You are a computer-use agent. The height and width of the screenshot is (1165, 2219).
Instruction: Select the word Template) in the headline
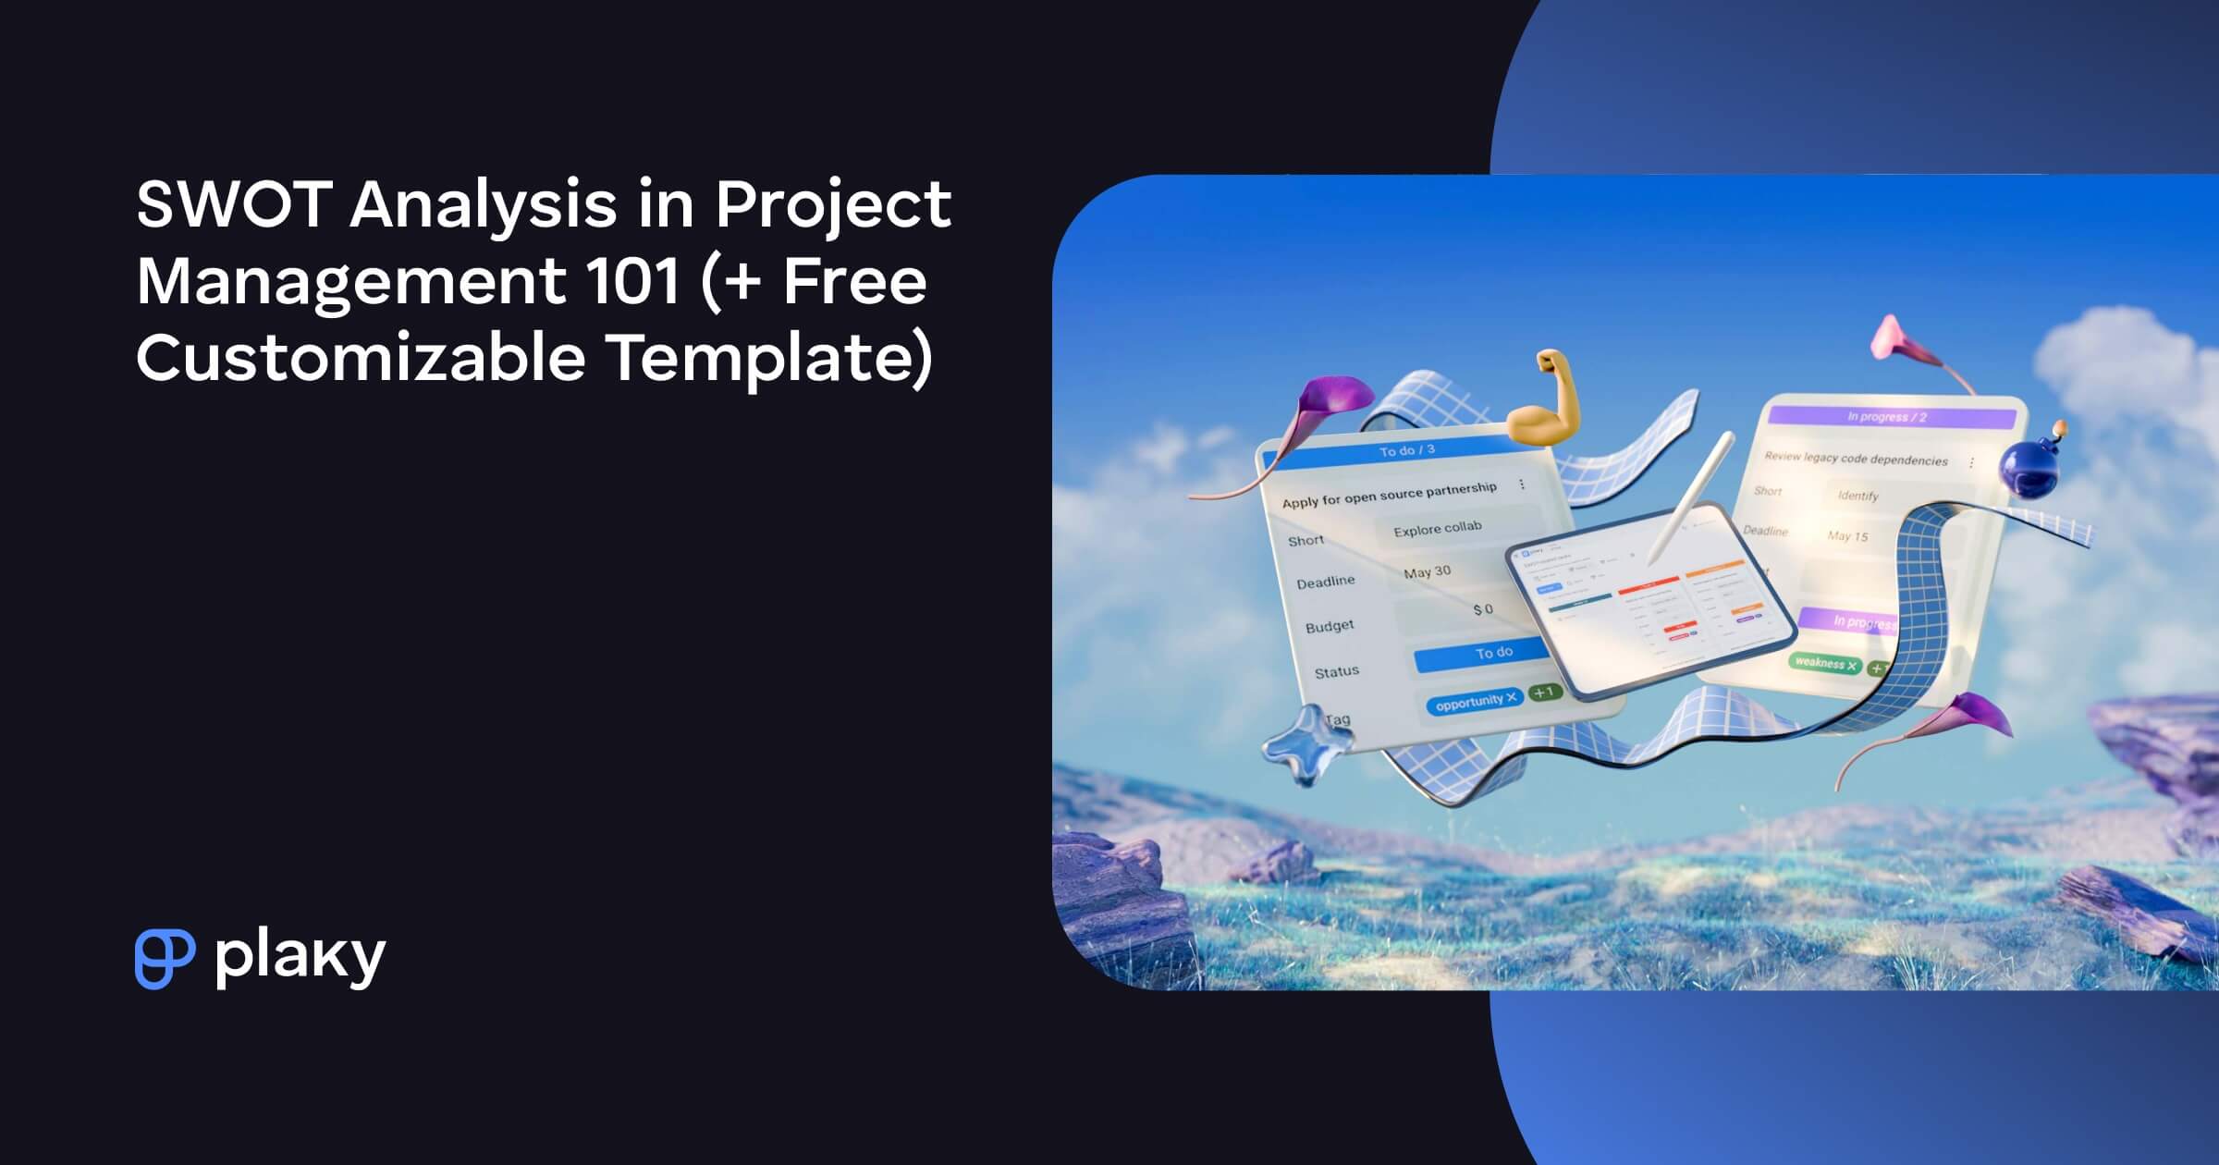coord(769,359)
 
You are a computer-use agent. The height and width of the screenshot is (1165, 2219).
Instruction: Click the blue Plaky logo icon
coord(165,959)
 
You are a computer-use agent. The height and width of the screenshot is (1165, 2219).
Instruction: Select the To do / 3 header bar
coord(1406,451)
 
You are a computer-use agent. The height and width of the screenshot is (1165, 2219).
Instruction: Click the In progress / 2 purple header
coord(1886,417)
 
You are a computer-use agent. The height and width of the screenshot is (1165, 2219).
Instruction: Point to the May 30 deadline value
coord(1427,572)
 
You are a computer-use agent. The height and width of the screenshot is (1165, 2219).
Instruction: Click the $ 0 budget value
coord(1482,610)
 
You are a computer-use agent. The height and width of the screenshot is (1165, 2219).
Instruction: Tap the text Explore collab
coord(1437,529)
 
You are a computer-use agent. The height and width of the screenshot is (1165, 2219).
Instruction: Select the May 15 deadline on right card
coord(1846,536)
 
